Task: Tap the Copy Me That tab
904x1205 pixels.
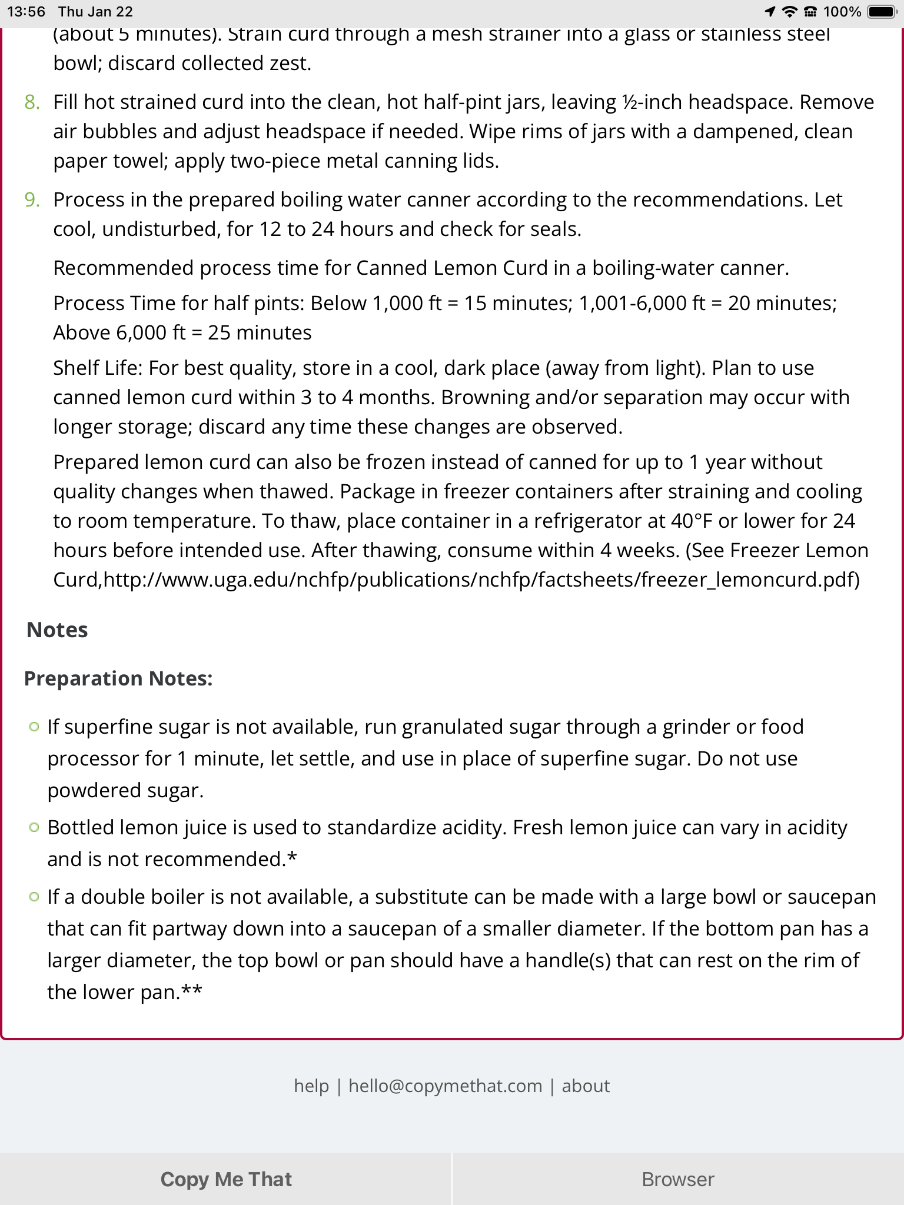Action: [226, 1179]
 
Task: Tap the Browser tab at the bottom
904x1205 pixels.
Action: [678, 1179]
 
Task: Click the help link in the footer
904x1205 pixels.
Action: [311, 1086]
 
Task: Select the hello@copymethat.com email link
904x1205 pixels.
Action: [445, 1086]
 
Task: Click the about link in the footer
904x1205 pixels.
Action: [586, 1086]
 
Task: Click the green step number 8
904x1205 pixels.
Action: [32, 102]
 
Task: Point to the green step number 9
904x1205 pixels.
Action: [32, 200]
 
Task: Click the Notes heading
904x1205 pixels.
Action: [57, 630]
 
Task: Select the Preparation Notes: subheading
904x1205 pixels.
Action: [118, 678]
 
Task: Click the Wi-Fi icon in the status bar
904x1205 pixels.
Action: [790, 12]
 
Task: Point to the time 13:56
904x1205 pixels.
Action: [26, 12]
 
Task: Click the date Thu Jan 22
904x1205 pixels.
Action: [95, 12]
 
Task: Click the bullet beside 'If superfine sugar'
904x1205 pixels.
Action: [34, 727]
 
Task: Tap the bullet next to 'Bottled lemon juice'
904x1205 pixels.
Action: [34, 828]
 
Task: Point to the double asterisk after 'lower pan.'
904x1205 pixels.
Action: [191, 992]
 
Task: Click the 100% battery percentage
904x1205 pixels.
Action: [842, 12]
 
